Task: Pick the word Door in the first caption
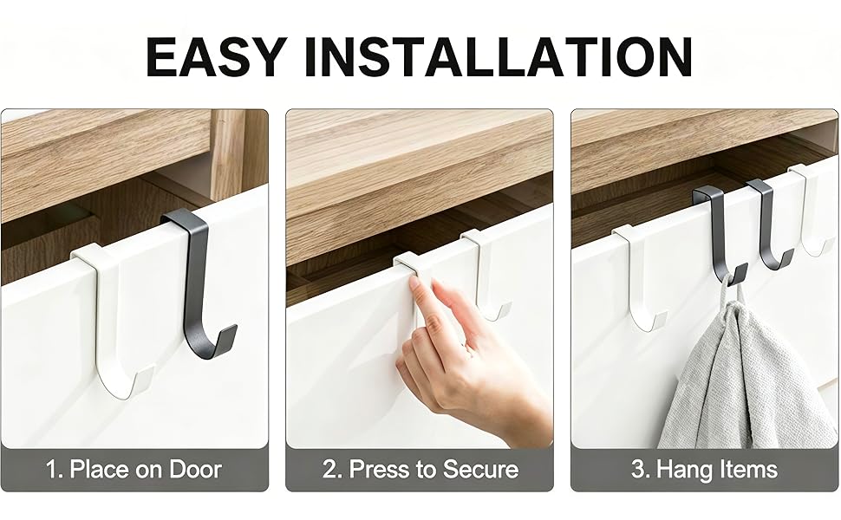click(195, 469)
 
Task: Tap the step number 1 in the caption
click(53, 470)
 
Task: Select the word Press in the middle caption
click(381, 470)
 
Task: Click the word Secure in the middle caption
click(480, 470)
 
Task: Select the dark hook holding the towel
click(718, 236)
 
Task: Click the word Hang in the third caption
click(680, 470)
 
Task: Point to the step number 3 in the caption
click(639, 470)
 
